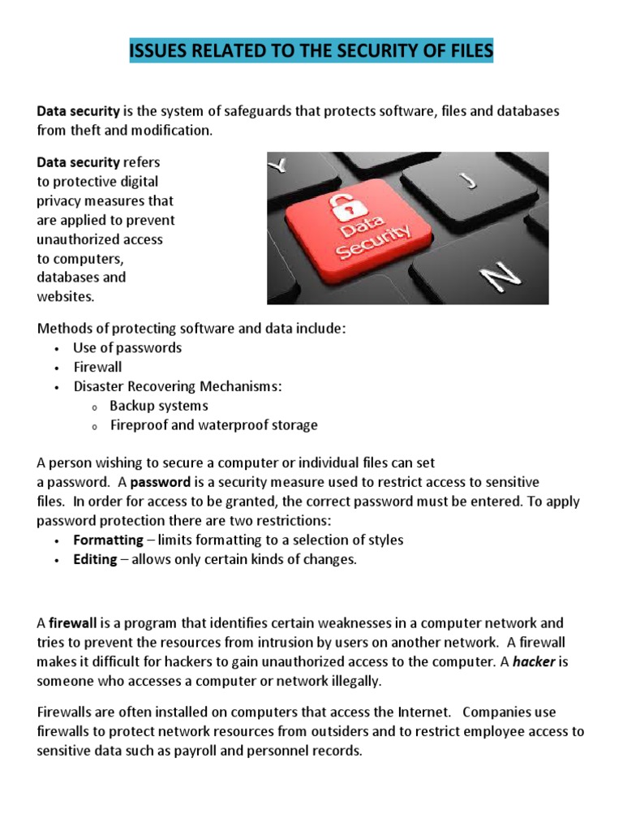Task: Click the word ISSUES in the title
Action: click(158, 52)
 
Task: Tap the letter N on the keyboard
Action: click(501, 278)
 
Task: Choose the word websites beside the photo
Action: click(65, 297)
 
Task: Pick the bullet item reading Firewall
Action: click(97, 367)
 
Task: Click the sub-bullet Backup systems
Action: click(159, 406)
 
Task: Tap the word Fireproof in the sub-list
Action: click(138, 425)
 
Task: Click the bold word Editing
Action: click(95, 559)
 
